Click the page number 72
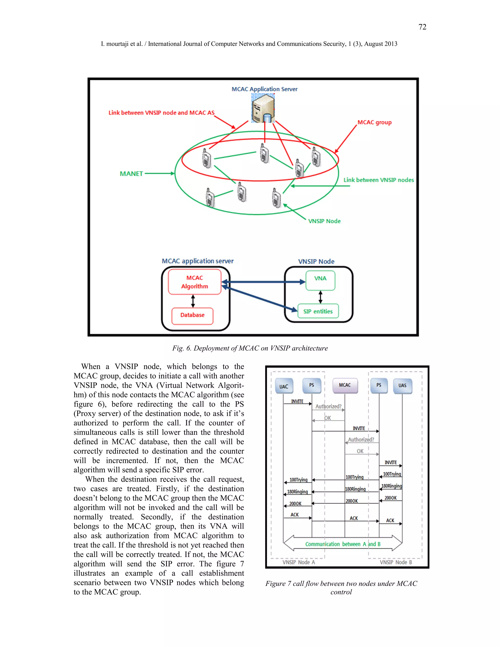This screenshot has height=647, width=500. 422,27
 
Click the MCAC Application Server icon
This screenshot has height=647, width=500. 263,108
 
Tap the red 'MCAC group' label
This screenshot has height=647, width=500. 375,122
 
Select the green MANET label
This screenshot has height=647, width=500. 131,174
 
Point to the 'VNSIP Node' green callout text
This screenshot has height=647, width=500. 324,221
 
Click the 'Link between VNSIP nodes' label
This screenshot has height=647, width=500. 379,180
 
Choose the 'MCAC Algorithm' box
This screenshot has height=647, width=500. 195,282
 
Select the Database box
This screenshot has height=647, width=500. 192,315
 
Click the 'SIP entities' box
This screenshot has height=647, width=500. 318,311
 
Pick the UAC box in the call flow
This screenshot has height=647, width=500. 284,386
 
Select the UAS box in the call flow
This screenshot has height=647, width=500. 402,386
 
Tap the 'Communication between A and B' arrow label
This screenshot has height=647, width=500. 343,544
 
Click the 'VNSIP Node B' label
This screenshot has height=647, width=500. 396,562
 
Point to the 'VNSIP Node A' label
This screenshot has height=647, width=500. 299,562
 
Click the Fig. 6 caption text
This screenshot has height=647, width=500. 250,348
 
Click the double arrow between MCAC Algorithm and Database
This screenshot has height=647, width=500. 193,301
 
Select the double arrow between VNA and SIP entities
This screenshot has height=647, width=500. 321,297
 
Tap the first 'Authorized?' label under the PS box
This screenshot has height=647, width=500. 328,407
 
